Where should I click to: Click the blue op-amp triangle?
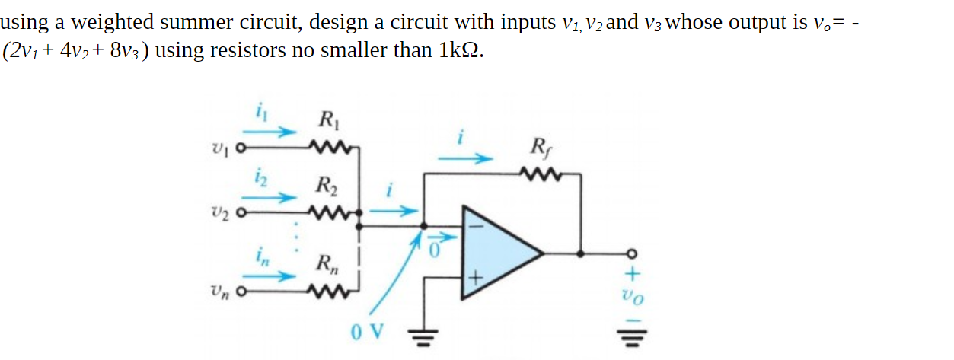(x=499, y=252)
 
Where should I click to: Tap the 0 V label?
(x=369, y=333)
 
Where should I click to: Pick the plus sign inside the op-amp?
(x=476, y=280)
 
